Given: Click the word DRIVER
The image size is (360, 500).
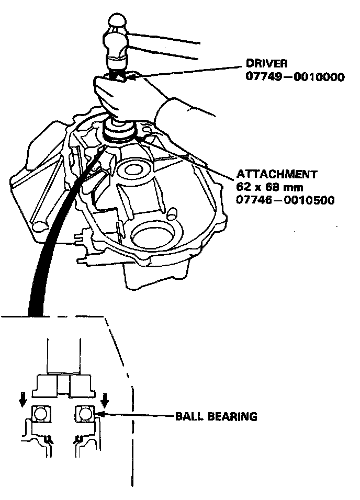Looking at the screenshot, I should click(x=266, y=64).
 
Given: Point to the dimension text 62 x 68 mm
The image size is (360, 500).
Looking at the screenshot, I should click(x=263, y=187).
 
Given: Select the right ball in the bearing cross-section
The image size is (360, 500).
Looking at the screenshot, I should click(x=85, y=416).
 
